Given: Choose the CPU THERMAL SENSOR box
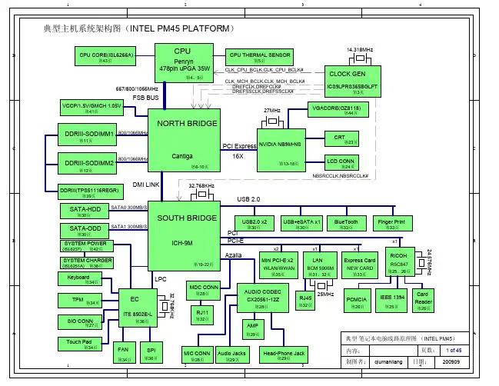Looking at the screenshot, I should click(x=259, y=57).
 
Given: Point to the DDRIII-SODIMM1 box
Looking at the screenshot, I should click(x=86, y=137).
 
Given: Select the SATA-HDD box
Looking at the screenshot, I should click(x=85, y=211).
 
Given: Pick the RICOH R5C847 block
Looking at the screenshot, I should click(x=399, y=262).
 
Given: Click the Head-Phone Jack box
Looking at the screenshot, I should click(x=284, y=354).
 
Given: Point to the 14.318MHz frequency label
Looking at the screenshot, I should click(x=360, y=49).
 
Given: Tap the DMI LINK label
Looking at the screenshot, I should click(x=146, y=185).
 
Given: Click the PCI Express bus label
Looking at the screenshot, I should click(x=239, y=146).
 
